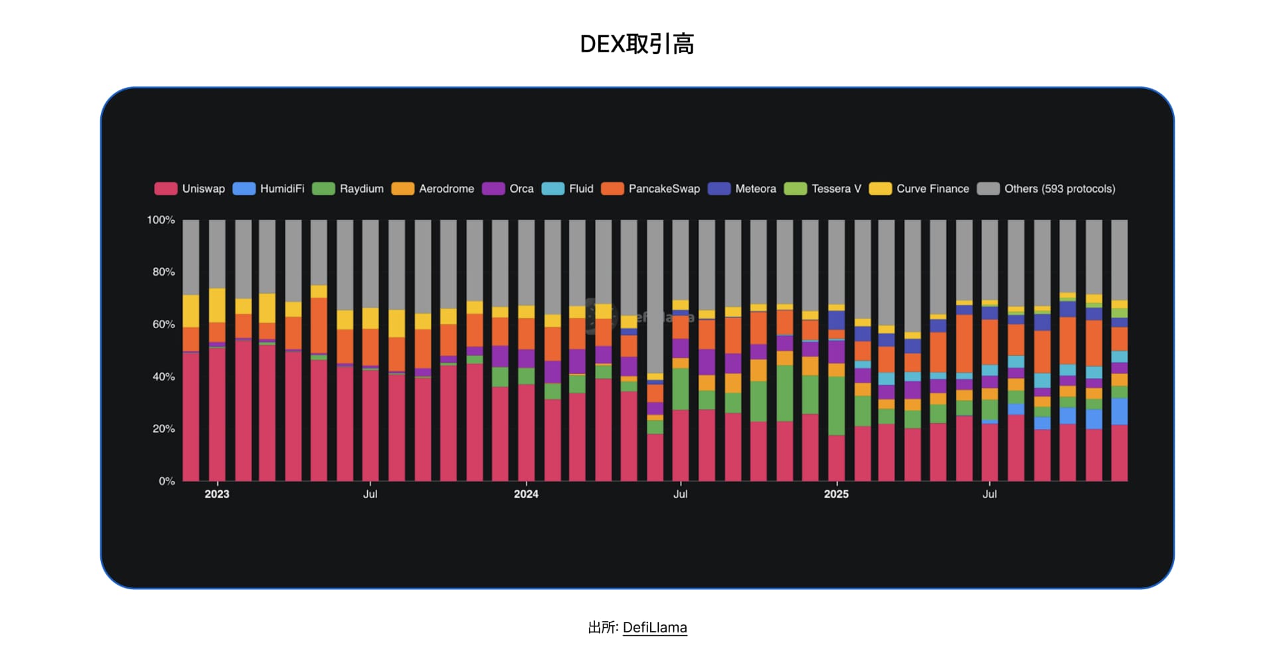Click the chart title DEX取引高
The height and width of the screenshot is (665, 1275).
(x=637, y=44)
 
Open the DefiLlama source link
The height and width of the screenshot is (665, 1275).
(x=655, y=627)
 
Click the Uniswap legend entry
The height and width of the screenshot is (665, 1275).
(x=190, y=189)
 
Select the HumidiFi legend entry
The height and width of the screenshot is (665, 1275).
(x=269, y=189)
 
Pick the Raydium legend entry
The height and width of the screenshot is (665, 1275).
(x=348, y=189)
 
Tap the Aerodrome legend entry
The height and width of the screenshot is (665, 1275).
(x=433, y=189)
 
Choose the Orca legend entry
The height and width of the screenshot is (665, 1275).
(x=508, y=189)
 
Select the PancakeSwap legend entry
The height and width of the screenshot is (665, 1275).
(x=651, y=189)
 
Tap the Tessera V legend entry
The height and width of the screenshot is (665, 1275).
(x=823, y=189)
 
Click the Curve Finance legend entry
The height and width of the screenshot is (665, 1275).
(x=919, y=189)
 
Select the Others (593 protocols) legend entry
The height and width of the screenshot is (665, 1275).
(x=1047, y=189)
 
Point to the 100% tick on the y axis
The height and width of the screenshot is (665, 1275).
(x=161, y=220)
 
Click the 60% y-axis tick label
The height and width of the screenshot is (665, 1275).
(x=163, y=324)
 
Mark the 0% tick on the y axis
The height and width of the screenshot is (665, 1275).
(x=166, y=481)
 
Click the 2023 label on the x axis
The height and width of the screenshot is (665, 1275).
(x=216, y=494)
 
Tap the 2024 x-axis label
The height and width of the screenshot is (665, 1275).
(x=526, y=494)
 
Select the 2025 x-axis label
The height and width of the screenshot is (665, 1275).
(x=836, y=494)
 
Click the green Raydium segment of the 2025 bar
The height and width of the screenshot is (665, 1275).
(x=836, y=406)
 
